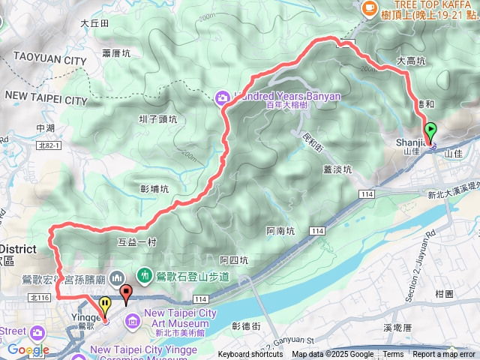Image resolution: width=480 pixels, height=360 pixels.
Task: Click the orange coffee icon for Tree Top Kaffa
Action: click(x=369, y=8)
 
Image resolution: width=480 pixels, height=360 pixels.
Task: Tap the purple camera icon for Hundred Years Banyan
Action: click(x=222, y=96)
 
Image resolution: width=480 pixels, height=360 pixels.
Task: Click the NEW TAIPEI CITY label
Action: click(x=46, y=99)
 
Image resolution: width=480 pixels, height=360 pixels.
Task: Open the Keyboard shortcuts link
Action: click(x=250, y=355)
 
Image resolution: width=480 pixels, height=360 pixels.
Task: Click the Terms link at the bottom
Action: click(x=393, y=355)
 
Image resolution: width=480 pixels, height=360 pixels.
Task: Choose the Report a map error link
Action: click(x=445, y=355)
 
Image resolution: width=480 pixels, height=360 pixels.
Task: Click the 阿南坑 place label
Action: click(x=282, y=231)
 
